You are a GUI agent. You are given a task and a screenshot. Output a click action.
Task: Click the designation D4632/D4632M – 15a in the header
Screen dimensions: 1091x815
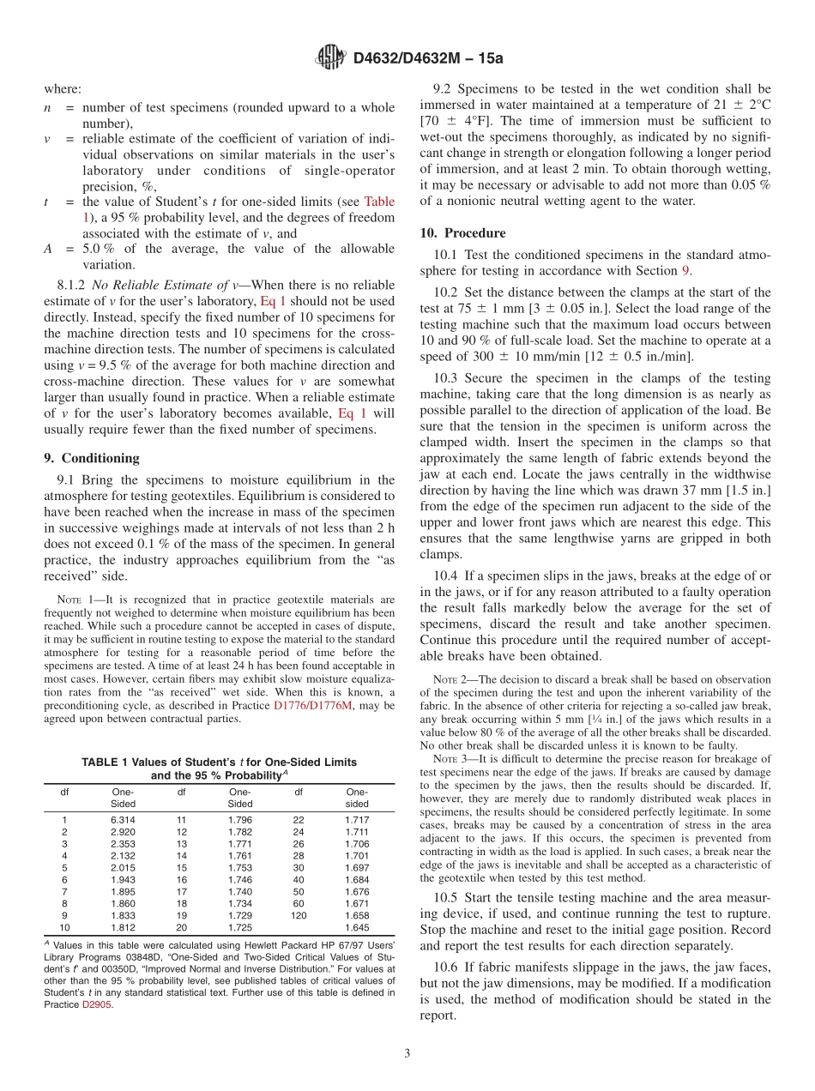[429, 58]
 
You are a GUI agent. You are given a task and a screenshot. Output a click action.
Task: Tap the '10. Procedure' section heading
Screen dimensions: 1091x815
[462, 232]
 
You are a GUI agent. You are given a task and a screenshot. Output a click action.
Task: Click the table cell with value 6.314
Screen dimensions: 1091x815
[123, 820]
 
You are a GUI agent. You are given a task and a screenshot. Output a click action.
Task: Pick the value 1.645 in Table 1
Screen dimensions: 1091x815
[357, 928]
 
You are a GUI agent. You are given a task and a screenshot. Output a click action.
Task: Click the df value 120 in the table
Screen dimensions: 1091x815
[299, 916]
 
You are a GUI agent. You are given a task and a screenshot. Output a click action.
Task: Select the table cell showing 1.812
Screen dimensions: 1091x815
[123, 928]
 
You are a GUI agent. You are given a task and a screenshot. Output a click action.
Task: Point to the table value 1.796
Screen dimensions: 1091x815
[239, 820]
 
